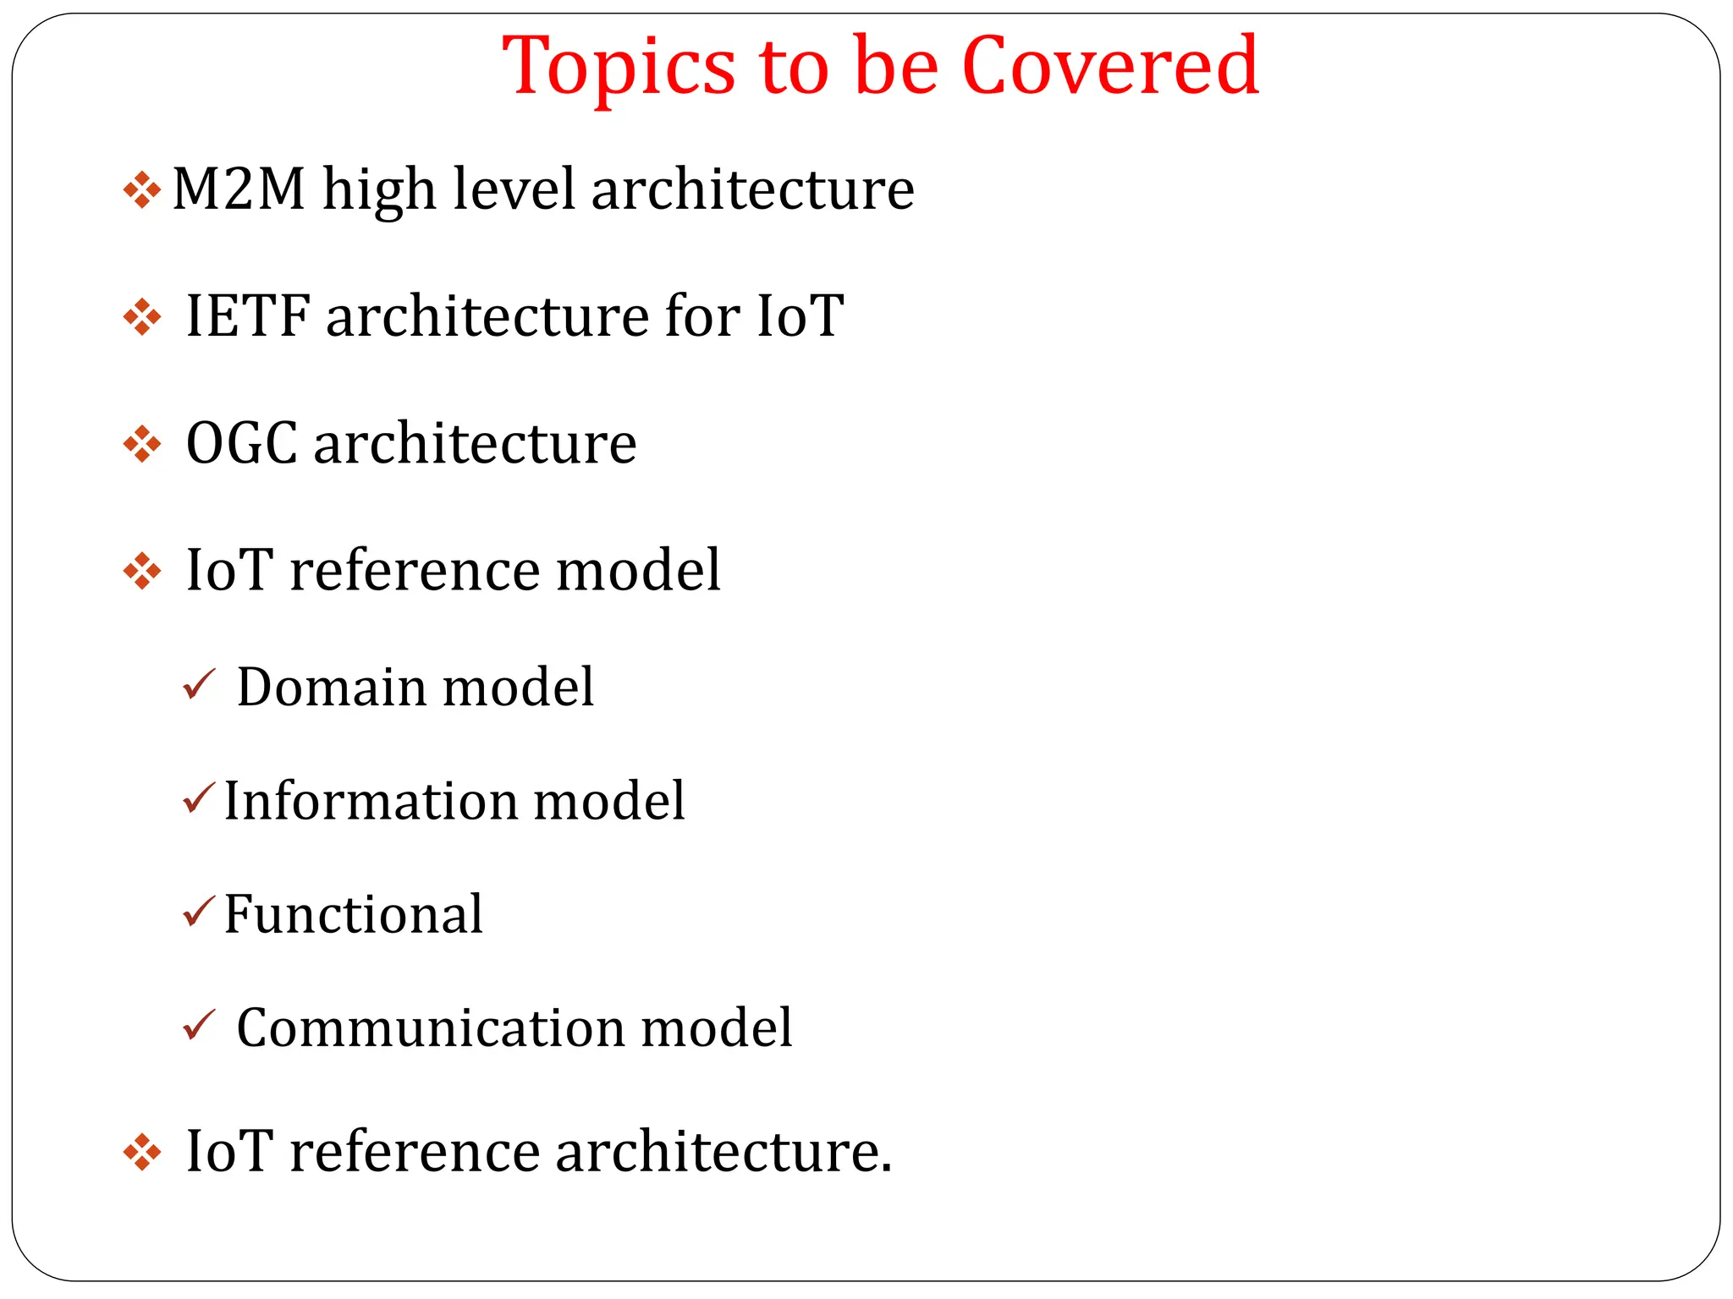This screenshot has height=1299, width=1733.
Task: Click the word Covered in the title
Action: tap(1110, 66)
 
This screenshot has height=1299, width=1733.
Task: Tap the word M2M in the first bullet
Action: tap(239, 189)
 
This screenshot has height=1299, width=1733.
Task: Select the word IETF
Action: tap(248, 316)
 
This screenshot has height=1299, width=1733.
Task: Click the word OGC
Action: tap(241, 443)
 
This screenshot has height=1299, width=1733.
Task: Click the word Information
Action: tap(369, 800)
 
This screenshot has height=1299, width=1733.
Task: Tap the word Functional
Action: tap(353, 914)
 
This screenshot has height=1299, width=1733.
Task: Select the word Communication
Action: tap(431, 1028)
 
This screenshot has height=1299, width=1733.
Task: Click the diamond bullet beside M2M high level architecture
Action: tap(142, 190)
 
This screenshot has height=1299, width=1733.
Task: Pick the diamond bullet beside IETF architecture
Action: tap(142, 318)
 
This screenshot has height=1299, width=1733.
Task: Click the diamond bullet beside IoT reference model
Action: tap(142, 572)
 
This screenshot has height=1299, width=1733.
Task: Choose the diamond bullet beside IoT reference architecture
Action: tap(142, 1153)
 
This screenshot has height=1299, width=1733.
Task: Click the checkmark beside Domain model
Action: tap(199, 684)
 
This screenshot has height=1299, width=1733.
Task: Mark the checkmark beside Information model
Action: tap(199, 798)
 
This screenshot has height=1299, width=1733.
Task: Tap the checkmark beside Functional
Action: tap(199, 912)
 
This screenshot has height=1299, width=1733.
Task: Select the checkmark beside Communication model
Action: tap(199, 1026)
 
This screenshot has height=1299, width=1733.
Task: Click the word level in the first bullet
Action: tap(514, 189)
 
